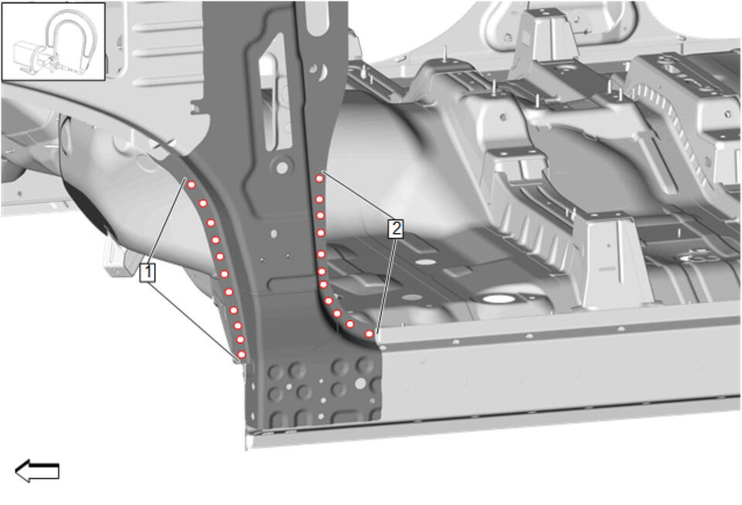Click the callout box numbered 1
pos(147,272)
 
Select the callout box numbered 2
pos(395,229)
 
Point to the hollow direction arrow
pos(37,471)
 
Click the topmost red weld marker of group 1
pos(191,185)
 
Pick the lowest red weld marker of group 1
pos(241,355)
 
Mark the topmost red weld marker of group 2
pos(320,179)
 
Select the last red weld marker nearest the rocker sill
pos(369,334)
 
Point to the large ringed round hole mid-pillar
pos(282,167)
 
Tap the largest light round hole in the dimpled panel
pos(361,383)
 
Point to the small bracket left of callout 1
pos(115,258)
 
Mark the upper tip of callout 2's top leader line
pos(323,171)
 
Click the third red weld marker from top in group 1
pos(211,223)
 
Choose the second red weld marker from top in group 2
pos(320,199)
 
